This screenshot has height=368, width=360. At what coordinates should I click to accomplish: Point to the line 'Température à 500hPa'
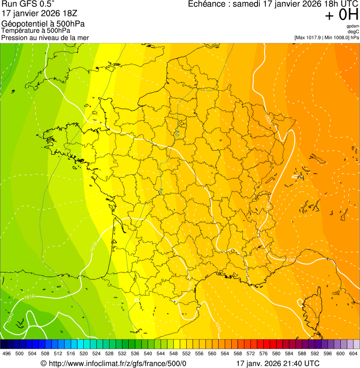(x=36, y=31)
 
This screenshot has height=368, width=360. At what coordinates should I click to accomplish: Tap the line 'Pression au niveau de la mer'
(x=45, y=37)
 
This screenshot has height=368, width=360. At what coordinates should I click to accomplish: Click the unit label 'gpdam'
(x=353, y=26)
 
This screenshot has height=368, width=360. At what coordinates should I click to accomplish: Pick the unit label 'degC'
(x=353, y=32)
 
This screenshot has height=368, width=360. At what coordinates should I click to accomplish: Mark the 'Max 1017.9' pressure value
(x=311, y=37)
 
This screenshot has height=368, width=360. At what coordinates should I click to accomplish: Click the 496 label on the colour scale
(x=7, y=353)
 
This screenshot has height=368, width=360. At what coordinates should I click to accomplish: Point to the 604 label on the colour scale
(x=353, y=353)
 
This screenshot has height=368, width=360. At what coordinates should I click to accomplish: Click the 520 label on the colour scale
(x=84, y=353)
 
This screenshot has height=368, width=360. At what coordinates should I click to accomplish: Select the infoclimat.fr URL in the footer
(x=117, y=363)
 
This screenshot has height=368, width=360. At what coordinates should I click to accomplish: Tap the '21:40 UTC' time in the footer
(x=300, y=363)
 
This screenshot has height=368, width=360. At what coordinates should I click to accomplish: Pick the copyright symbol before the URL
(x=44, y=363)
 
